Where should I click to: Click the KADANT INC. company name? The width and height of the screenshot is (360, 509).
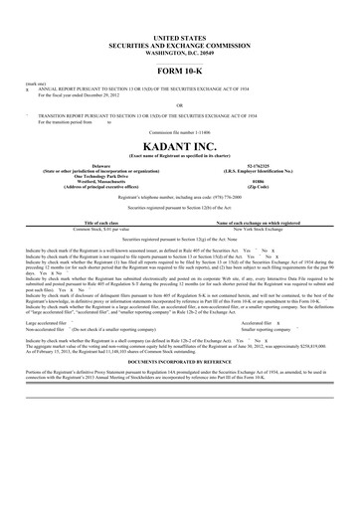pos(179,145)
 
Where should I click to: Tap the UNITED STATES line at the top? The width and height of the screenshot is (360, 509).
pos(179,35)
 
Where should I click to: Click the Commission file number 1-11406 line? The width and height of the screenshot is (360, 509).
pos(179,132)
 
